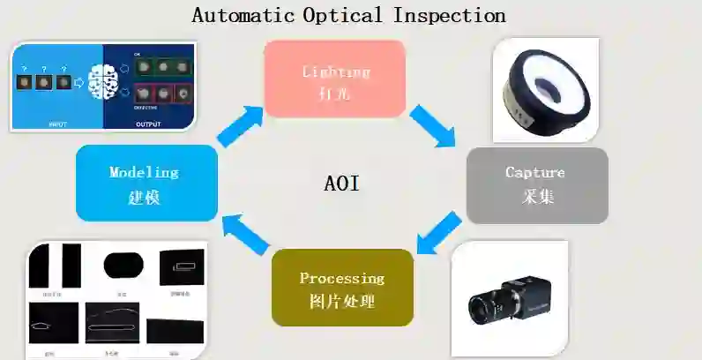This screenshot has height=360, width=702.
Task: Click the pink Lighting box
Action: coord(335,79)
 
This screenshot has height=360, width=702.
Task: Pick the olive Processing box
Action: coord(342,287)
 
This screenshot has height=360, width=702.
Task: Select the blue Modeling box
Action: coord(146,183)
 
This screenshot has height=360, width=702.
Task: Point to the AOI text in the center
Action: coord(342,184)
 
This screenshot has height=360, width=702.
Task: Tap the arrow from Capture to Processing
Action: coord(437,232)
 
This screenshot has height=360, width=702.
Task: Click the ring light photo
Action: coord(545,88)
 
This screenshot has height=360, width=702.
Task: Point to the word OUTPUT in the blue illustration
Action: coord(148,124)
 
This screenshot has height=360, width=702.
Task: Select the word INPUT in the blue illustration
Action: coord(56,124)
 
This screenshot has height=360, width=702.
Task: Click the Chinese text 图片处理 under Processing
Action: coord(342,302)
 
